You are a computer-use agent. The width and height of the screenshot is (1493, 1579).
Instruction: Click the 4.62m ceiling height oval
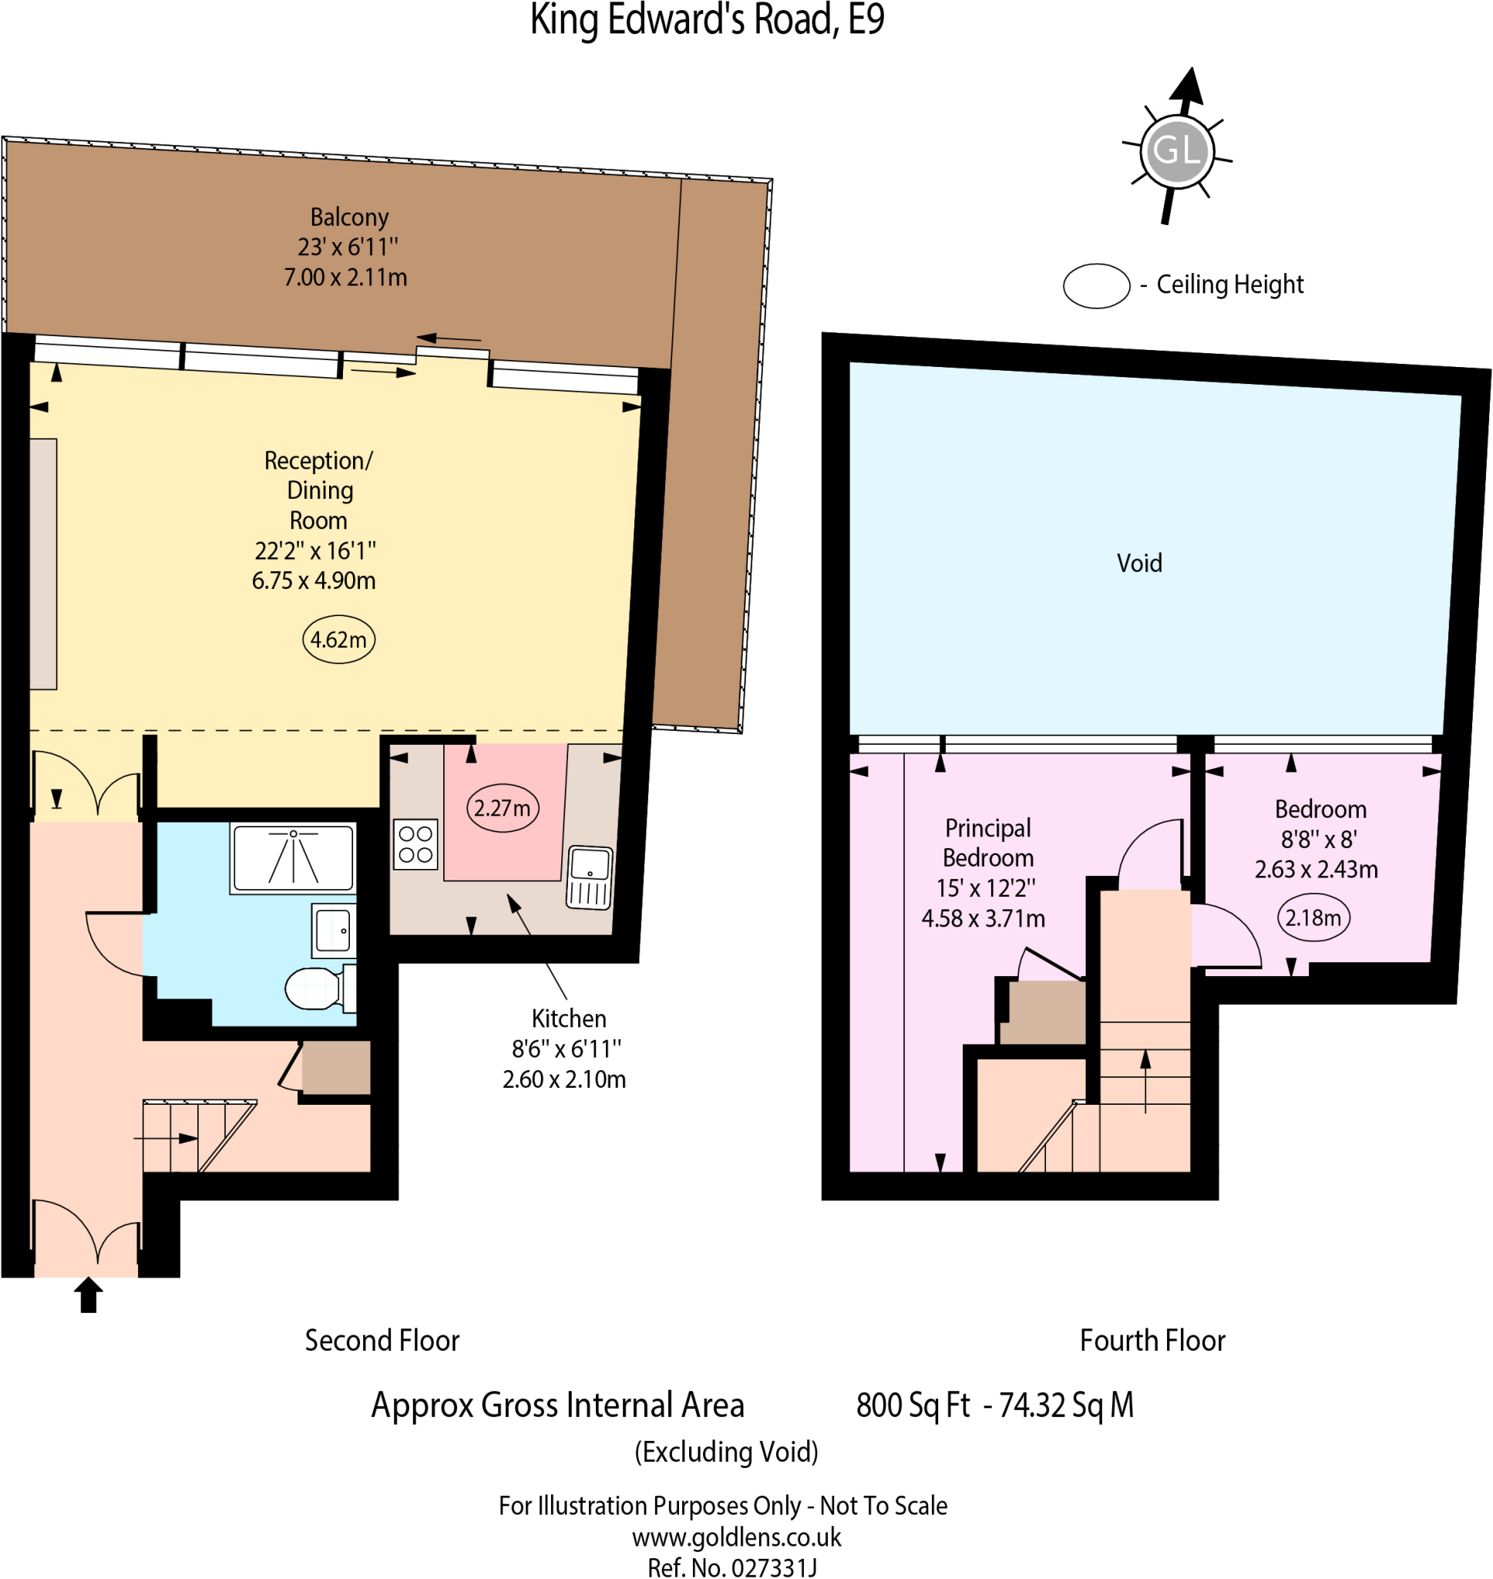pyautogui.click(x=338, y=640)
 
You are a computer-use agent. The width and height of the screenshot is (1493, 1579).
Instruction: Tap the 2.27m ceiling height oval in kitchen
pyautogui.click(x=503, y=809)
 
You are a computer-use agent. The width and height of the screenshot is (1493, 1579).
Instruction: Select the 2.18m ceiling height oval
pyautogui.click(x=1313, y=917)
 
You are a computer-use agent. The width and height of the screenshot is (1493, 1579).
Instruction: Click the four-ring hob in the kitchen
pyautogui.click(x=415, y=844)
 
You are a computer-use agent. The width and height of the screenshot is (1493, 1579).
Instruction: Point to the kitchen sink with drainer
pyautogui.click(x=590, y=877)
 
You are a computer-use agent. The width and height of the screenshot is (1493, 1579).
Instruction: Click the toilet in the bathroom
pyautogui.click(x=316, y=988)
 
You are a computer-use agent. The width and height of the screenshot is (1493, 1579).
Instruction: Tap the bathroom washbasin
pyautogui.click(x=334, y=931)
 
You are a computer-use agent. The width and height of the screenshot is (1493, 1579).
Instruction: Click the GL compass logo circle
pyautogui.click(x=1176, y=150)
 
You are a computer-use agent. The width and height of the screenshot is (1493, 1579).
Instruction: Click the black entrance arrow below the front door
pyautogui.click(x=89, y=1295)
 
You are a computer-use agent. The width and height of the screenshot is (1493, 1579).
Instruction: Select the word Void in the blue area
pyautogui.click(x=1139, y=564)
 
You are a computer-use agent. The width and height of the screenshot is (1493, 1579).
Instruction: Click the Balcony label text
pyautogui.click(x=349, y=217)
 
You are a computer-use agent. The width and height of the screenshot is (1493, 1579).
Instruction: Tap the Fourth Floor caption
pyautogui.click(x=1152, y=1341)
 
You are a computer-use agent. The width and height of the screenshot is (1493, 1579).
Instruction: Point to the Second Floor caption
pyautogui.click(x=382, y=1341)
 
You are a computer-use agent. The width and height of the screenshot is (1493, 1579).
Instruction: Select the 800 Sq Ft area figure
pyautogui.click(x=913, y=1406)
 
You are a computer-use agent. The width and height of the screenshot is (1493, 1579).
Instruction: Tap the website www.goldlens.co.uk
pyautogui.click(x=736, y=1536)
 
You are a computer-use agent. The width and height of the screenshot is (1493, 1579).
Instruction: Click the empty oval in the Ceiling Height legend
pyautogui.click(x=1096, y=286)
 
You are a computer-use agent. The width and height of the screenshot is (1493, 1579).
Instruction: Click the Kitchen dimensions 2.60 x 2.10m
pyautogui.click(x=563, y=1079)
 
